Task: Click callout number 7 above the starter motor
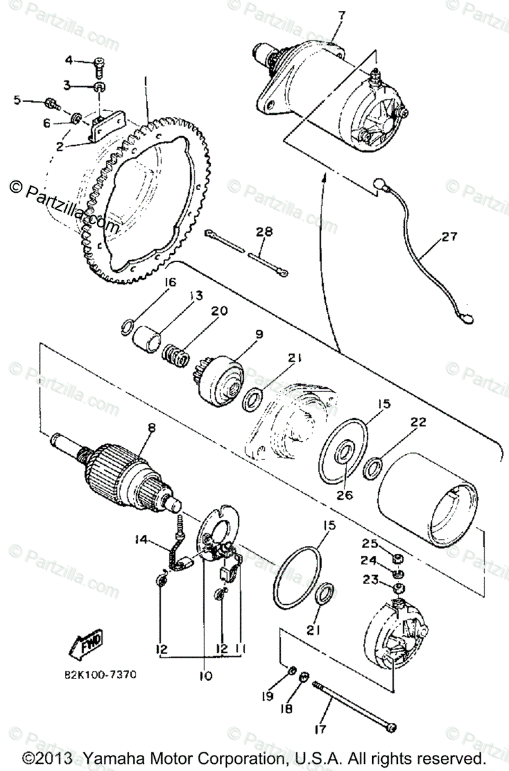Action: click(341, 15)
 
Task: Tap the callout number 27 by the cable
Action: click(449, 236)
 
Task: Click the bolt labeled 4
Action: click(98, 64)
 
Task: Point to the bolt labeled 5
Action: click(50, 102)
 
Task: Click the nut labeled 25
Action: click(398, 556)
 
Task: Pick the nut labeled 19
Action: click(290, 673)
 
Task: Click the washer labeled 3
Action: click(100, 86)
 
